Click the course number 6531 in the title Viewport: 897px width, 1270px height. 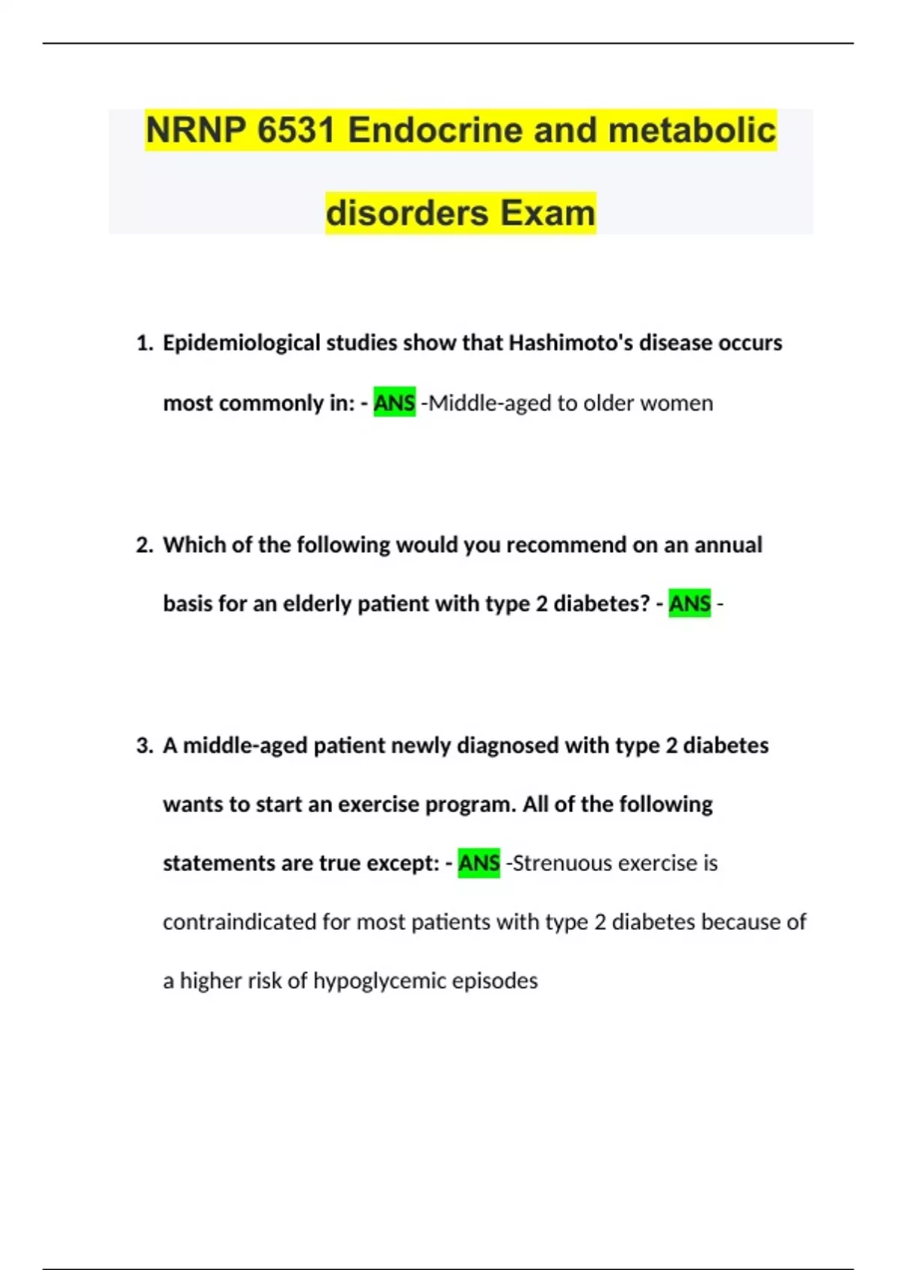tap(295, 130)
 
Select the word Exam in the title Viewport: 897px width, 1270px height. tap(547, 213)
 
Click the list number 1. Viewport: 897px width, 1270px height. tap(144, 343)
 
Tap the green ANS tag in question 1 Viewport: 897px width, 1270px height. tap(394, 403)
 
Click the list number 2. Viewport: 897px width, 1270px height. tap(144, 545)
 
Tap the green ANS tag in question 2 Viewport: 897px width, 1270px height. tap(689, 604)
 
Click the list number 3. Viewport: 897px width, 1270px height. tap(144, 746)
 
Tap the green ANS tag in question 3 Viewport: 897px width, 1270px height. tap(478, 864)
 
